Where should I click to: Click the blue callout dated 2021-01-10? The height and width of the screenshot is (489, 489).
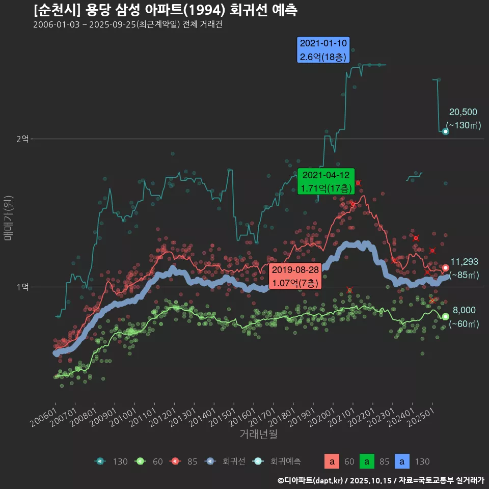point(323,50)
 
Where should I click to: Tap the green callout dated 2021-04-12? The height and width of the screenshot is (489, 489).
point(326,181)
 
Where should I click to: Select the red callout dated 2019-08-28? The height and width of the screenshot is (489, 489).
point(295,276)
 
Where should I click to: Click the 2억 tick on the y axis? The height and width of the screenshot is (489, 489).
point(22,139)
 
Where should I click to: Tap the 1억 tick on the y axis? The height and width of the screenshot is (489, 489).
point(22,287)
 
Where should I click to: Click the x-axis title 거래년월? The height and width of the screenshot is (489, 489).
point(258,434)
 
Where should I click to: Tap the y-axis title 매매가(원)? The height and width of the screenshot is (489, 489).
point(8,218)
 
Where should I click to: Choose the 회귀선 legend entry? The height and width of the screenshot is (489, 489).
point(225,461)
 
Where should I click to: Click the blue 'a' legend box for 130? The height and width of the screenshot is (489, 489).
point(402,462)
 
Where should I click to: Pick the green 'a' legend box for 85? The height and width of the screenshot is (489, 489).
point(367,462)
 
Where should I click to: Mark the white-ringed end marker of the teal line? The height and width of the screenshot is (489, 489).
point(445,131)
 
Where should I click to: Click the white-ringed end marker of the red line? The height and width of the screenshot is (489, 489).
point(446,268)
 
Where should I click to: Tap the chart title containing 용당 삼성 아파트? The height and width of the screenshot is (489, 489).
point(166,10)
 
